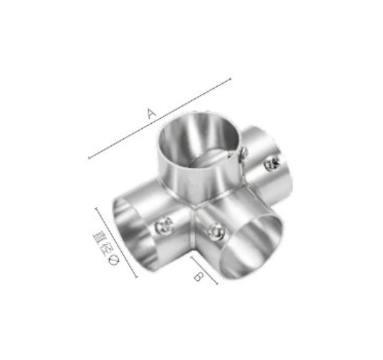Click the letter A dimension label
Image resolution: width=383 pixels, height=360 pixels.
152,114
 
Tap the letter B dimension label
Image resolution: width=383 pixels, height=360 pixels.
199,276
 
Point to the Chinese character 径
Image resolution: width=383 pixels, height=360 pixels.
105,248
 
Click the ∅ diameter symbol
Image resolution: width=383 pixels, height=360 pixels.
113,260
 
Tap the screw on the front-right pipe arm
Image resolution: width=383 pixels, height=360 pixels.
216,232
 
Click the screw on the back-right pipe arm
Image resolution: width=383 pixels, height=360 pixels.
272,163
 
